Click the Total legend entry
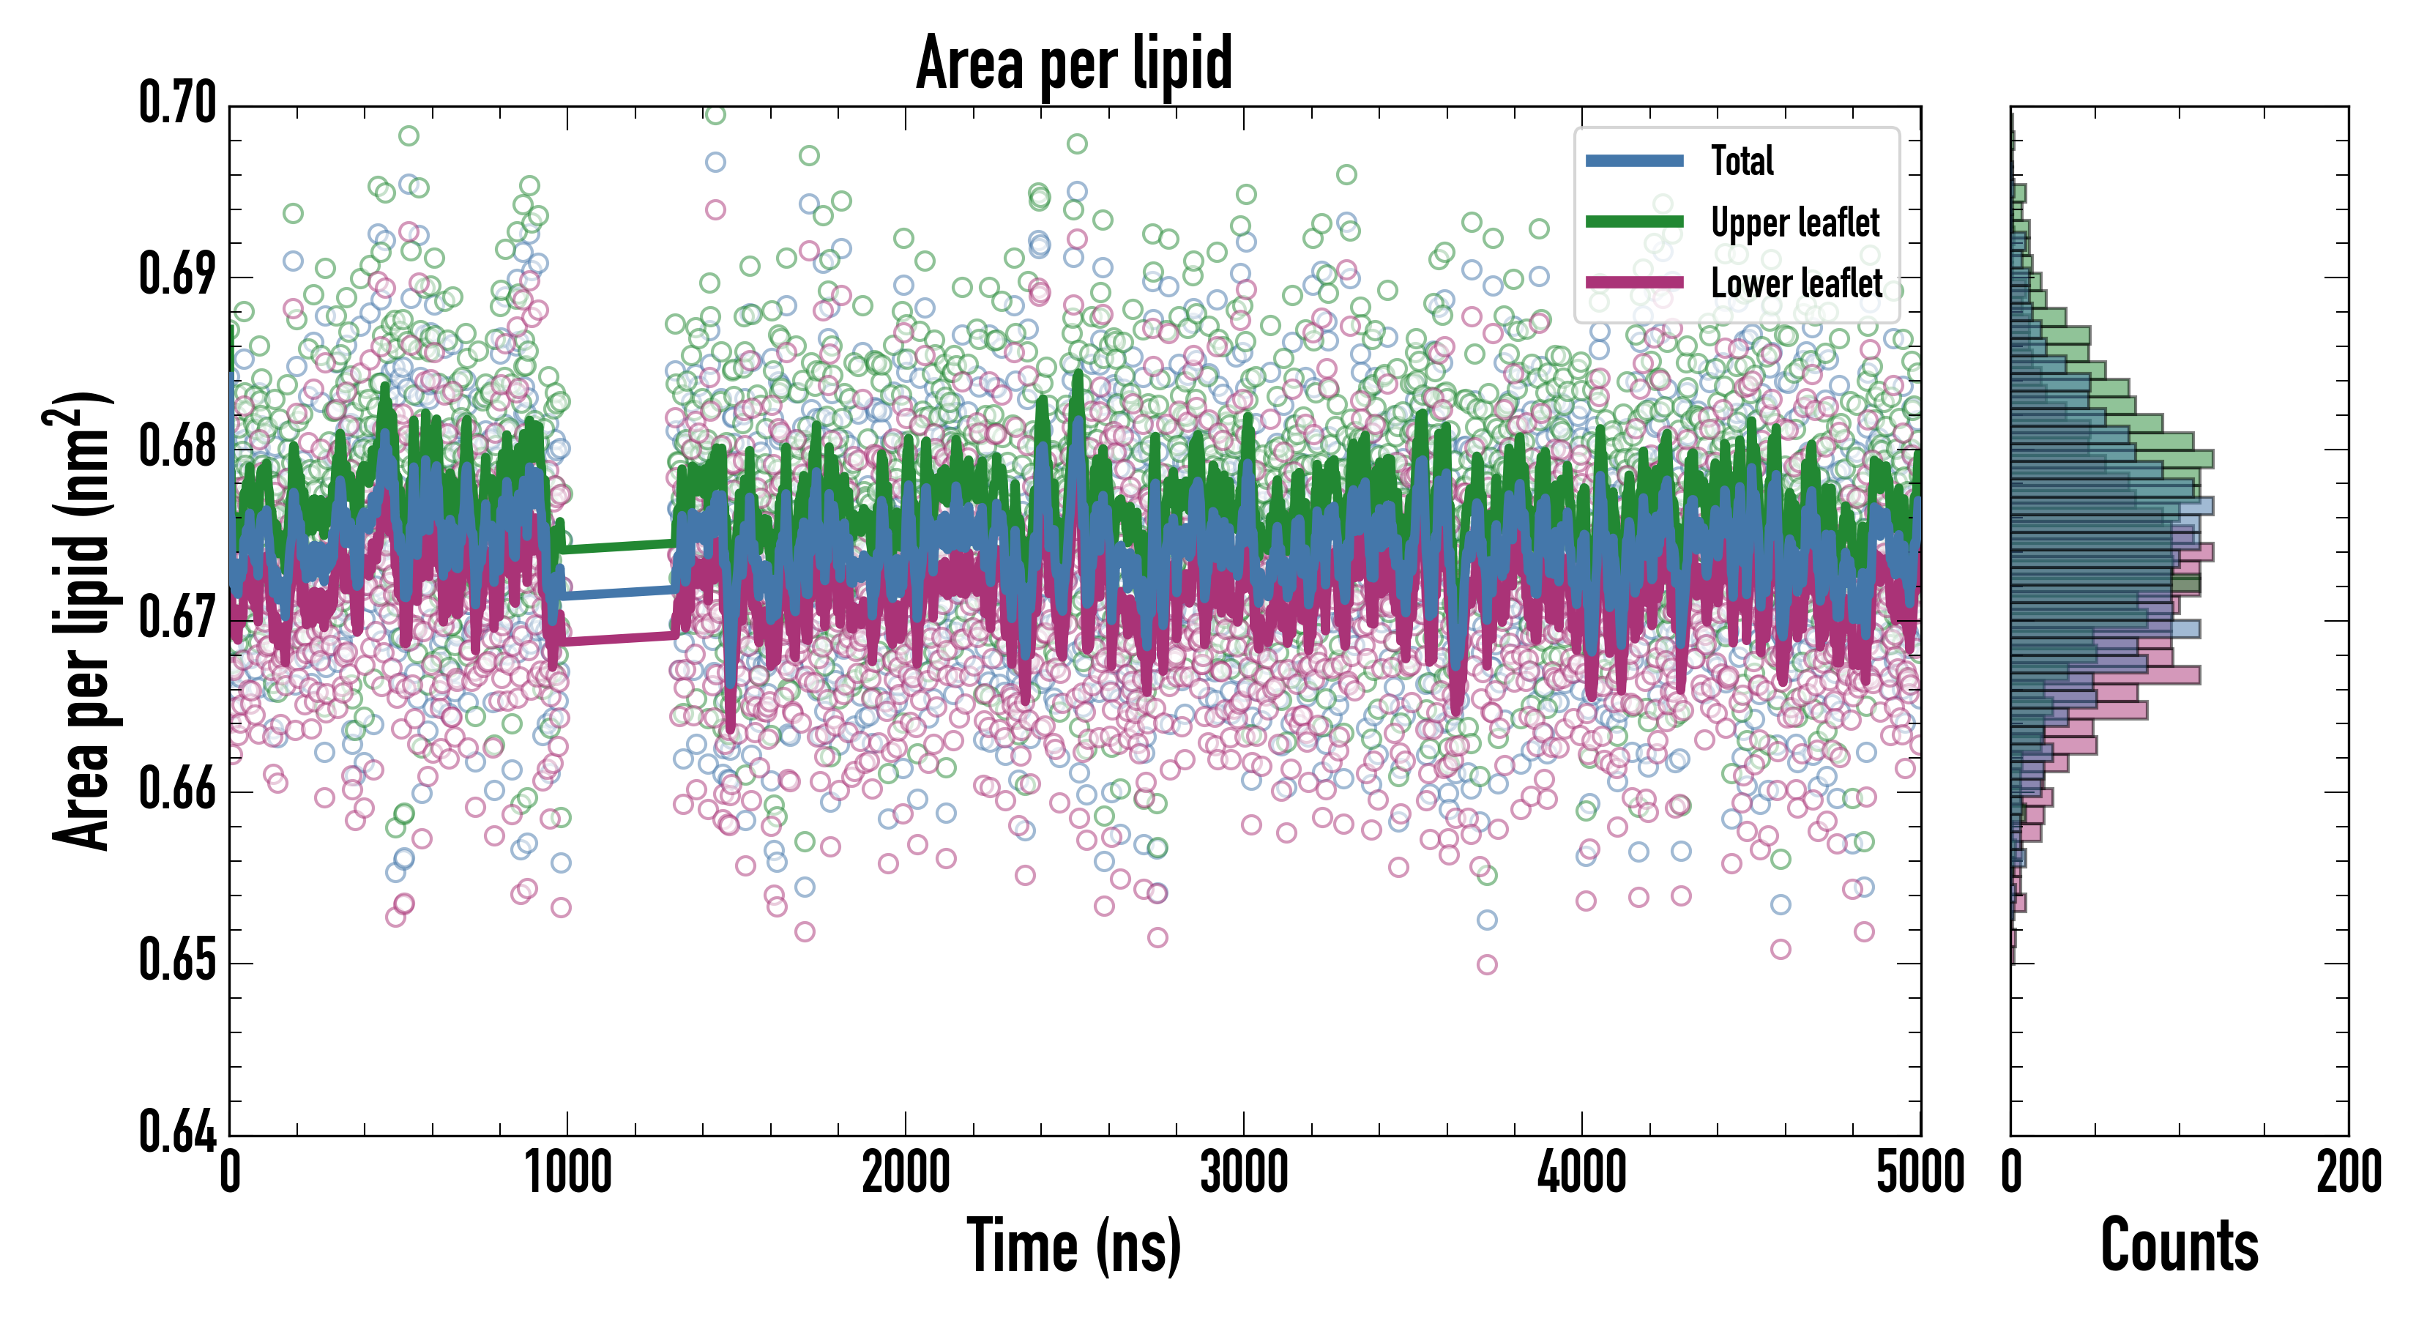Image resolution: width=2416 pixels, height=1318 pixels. [1742, 160]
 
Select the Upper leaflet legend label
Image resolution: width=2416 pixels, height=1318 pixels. [1794, 223]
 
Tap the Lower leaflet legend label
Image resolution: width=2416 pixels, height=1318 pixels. [1796, 283]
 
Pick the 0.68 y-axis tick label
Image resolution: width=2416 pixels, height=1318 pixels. [177, 447]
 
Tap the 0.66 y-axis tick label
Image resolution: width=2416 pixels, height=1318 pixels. [177, 790]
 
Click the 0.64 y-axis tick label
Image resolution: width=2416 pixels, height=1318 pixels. [177, 1131]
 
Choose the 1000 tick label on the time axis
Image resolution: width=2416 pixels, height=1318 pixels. [567, 1172]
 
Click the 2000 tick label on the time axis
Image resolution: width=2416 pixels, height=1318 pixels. [906, 1172]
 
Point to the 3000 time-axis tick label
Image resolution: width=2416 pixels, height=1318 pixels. [1244, 1172]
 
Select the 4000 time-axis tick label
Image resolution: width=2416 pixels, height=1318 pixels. [1582, 1172]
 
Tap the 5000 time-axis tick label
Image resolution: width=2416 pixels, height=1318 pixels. [1920, 1172]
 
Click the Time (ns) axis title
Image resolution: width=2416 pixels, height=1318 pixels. [1074, 1246]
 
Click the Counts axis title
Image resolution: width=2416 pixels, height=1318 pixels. [2179, 1246]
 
